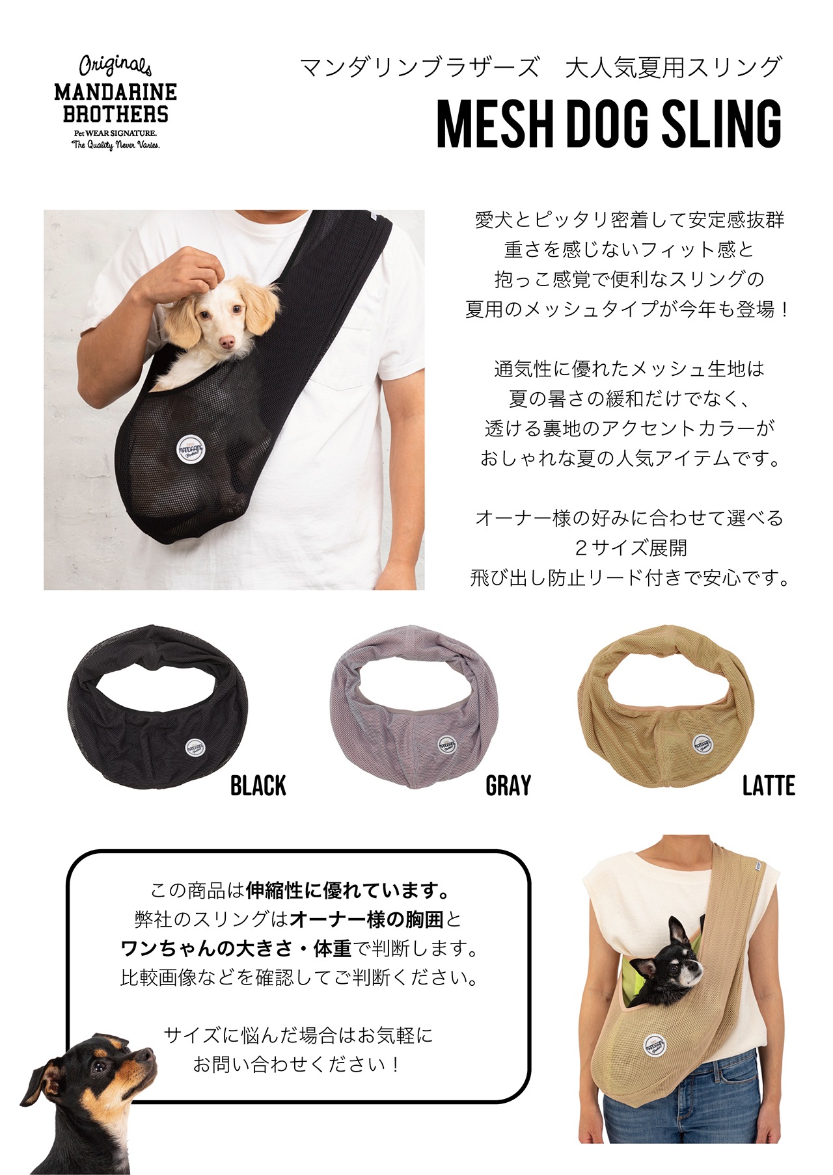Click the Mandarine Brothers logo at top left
point(115,103)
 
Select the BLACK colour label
point(258,786)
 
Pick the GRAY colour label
point(508,786)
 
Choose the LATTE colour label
point(769,786)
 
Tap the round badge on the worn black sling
point(190,448)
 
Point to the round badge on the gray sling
point(447,745)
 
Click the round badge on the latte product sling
point(702,745)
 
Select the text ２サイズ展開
point(631,548)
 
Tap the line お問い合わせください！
point(296,1064)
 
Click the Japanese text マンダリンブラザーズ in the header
point(419,68)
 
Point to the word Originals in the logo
point(115,66)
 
